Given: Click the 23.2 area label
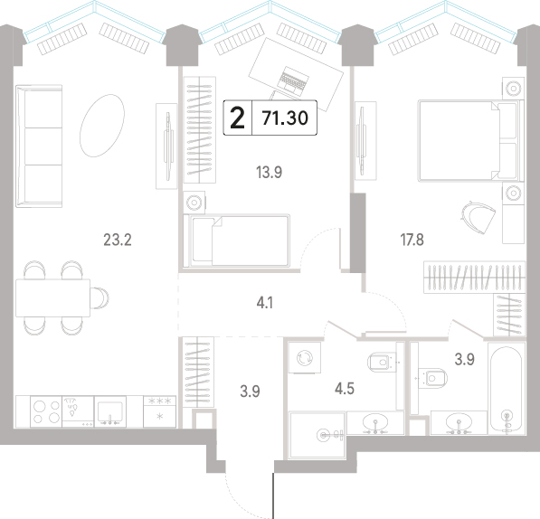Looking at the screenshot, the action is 118,240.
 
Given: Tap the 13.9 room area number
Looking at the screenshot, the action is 269,172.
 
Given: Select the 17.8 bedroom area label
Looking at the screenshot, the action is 412,240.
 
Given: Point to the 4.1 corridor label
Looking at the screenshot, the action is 265,303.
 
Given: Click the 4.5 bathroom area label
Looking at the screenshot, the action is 345,389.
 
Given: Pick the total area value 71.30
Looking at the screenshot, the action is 285,118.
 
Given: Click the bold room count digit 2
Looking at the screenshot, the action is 237,118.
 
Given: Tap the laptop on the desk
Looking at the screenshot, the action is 292,81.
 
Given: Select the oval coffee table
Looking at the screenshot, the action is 102,126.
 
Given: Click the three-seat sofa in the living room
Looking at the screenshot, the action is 39,146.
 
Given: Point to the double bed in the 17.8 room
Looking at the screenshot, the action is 470,140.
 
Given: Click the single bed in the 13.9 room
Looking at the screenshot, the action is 237,241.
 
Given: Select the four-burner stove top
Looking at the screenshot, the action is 46,411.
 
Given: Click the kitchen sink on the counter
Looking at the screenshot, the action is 110,413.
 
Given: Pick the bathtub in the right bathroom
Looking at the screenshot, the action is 507,387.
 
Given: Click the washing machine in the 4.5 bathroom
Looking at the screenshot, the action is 305,357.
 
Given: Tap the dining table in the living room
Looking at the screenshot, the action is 52,297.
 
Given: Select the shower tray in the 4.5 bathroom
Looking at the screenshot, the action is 317,436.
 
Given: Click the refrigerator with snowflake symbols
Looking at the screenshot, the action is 159,411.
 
